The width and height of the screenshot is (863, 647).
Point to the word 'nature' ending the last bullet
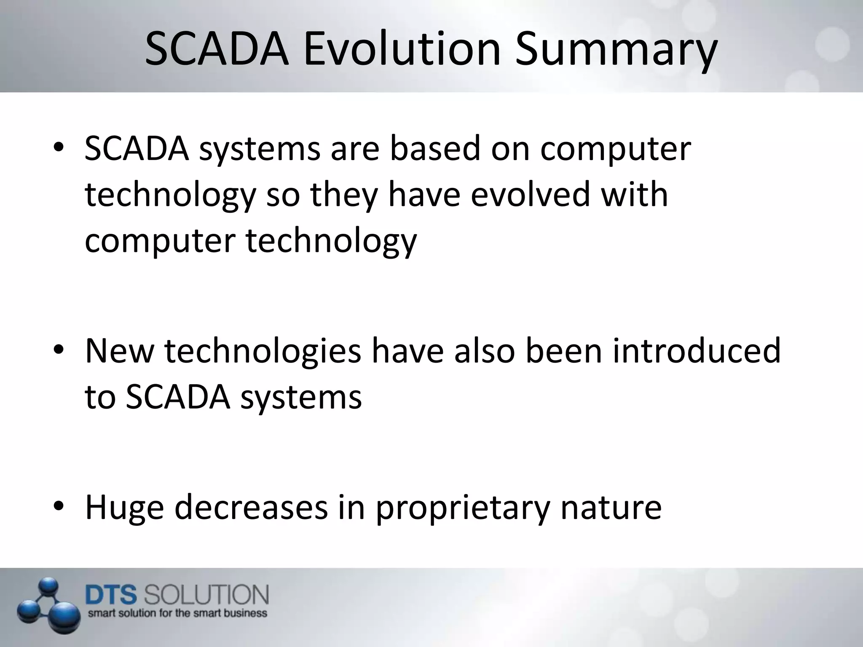point(611,507)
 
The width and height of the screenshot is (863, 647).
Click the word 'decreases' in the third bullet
point(251,506)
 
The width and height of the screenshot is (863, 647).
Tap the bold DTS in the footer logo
point(111,594)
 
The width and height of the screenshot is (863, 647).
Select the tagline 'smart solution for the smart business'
point(177,613)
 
